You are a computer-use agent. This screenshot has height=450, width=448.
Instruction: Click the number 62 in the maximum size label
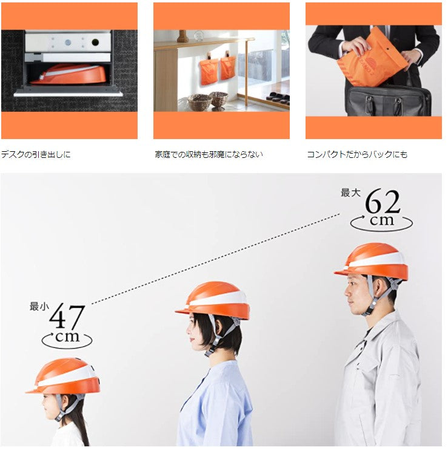[383, 202]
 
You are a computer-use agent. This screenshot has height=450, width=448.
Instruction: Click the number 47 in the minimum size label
[67, 316]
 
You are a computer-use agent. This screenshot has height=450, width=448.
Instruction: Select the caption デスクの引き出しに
[36, 154]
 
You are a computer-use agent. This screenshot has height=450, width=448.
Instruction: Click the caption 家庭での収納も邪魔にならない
[209, 154]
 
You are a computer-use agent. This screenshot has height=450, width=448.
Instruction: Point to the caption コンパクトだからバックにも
[357, 154]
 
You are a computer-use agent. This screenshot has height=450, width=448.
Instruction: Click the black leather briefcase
[388, 100]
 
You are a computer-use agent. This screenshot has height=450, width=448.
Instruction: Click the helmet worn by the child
[64, 376]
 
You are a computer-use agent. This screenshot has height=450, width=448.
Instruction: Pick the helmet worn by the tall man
[372, 262]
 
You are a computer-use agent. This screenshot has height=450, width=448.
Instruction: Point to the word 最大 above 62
[350, 193]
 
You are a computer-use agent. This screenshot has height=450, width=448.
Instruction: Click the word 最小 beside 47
[39, 307]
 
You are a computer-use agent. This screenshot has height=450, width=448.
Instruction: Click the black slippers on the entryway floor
[277, 97]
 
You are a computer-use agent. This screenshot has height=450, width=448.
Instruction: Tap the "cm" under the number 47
[67, 336]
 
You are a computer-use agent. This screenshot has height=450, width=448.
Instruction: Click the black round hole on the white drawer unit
[95, 43]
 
